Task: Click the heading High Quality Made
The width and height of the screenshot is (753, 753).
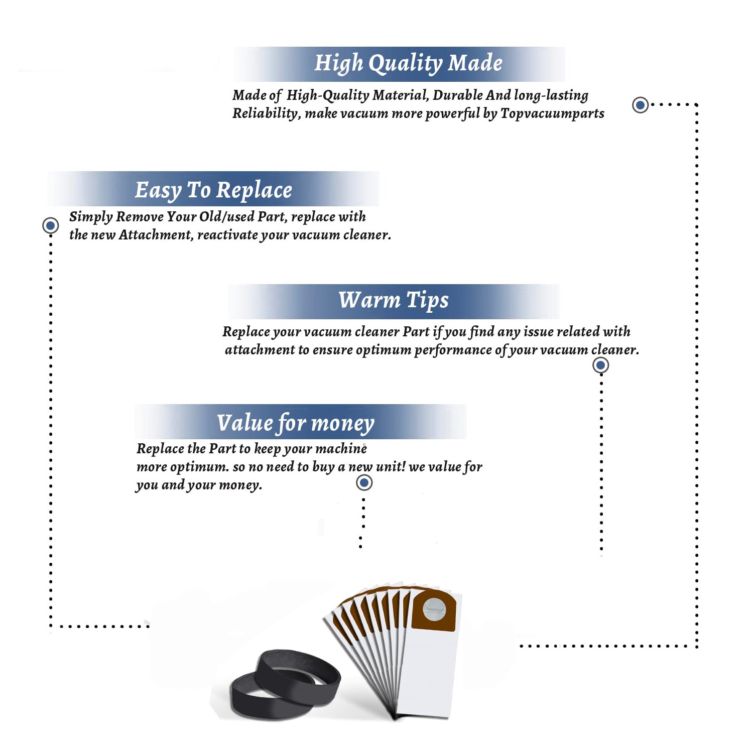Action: tap(408, 64)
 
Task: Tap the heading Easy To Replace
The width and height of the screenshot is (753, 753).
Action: tap(213, 190)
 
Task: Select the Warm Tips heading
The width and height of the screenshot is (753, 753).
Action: tap(393, 300)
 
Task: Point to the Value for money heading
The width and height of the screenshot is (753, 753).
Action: tap(295, 423)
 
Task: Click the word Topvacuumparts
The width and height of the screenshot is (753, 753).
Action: tap(552, 114)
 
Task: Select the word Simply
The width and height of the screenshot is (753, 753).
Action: tap(91, 217)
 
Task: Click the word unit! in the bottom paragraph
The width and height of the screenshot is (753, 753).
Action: tap(391, 466)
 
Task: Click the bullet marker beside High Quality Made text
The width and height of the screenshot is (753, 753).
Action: tap(640, 105)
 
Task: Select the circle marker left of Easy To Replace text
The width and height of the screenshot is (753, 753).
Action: tap(50, 225)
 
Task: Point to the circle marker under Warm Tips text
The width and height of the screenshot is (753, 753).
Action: tap(600, 365)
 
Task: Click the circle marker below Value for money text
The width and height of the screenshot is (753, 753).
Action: tap(364, 483)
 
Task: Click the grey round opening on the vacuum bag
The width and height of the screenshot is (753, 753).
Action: tap(434, 609)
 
